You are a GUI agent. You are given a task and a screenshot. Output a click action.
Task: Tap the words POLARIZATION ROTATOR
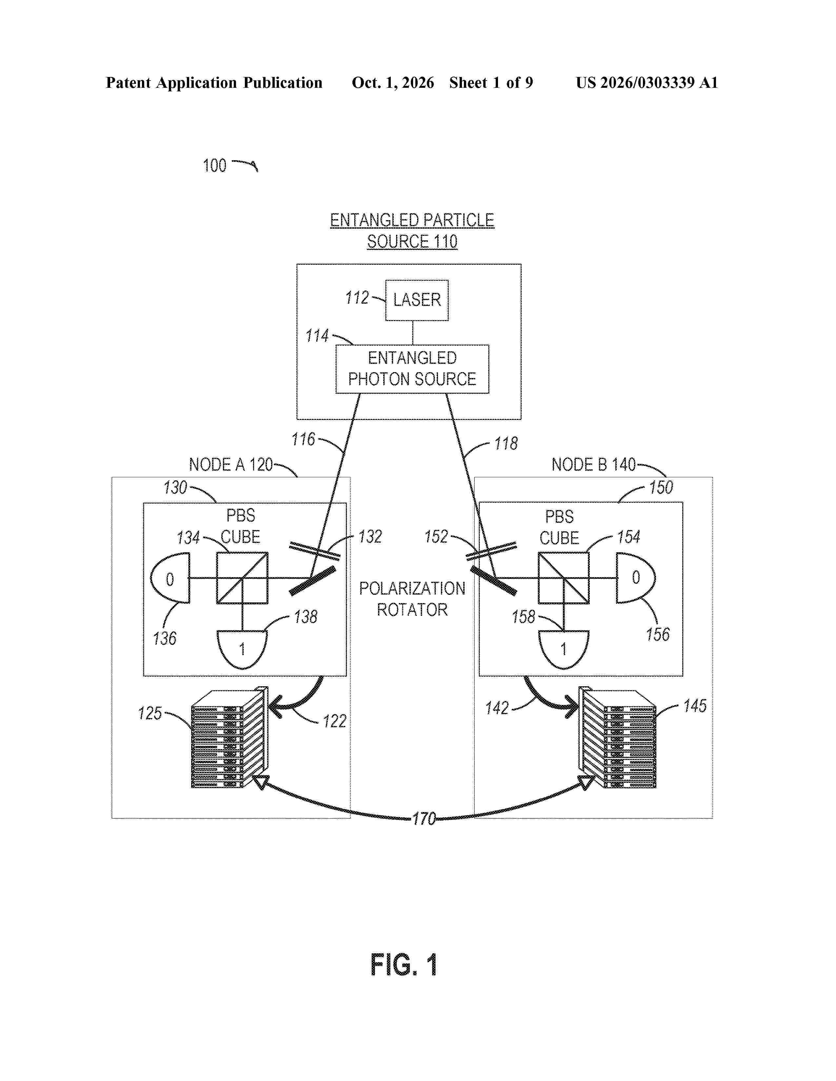[x=412, y=599]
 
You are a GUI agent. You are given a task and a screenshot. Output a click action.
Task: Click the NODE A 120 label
[x=231, y=464]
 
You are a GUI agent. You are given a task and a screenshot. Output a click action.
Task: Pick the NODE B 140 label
[x=593, y=464]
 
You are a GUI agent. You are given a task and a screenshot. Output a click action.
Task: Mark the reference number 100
[x=214, y=165]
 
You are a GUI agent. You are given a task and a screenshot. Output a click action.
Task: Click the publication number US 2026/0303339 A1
[x=647, y=83]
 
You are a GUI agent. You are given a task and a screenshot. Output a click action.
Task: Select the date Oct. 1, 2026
[x=393, y=83]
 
